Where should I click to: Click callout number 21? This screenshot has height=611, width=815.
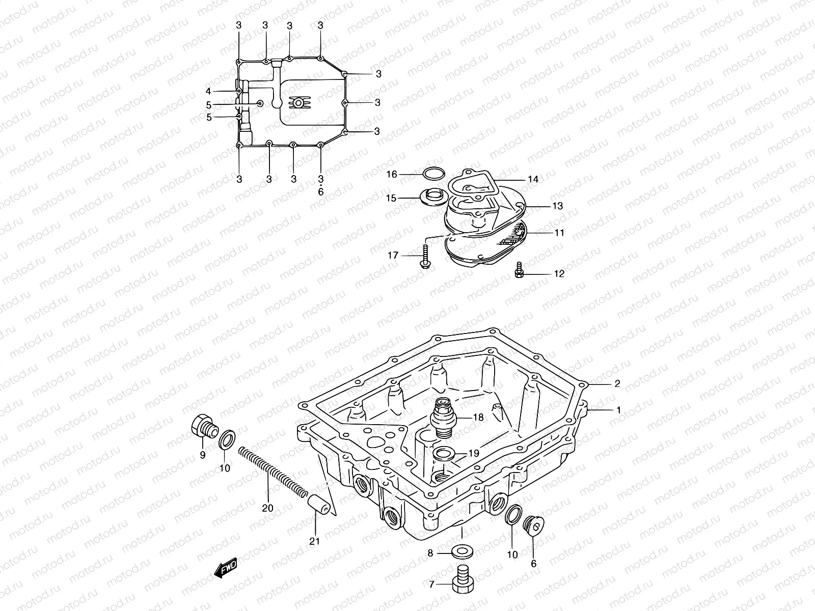point(314,541)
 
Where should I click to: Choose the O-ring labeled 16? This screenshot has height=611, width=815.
point(432,174)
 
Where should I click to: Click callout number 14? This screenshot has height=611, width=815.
point(533,179)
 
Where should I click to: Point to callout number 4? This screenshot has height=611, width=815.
point(208,91)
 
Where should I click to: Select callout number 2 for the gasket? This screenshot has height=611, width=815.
point(617,384)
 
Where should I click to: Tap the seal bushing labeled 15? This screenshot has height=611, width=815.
point(432,196)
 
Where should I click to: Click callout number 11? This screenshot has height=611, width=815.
point(559,233)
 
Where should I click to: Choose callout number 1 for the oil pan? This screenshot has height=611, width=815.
point(619,409)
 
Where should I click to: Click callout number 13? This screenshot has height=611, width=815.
point(557,206)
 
